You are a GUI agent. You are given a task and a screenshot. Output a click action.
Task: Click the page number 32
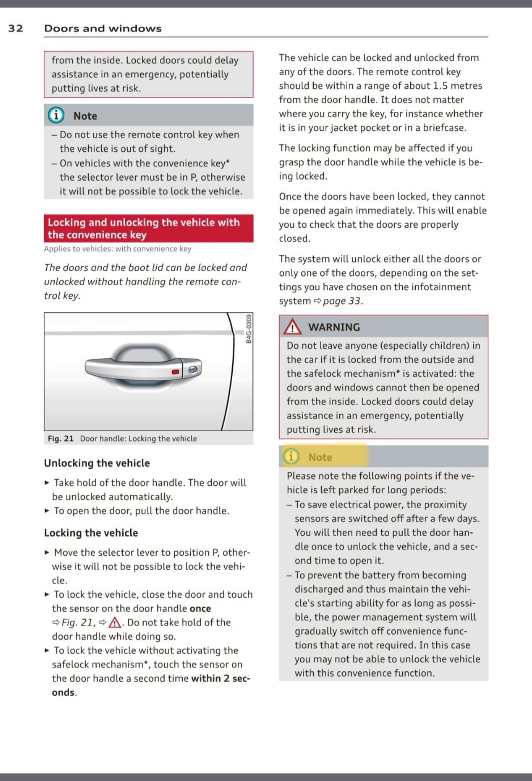(x=16, y=29)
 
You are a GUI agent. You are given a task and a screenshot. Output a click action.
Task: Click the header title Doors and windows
(x=103, y=29)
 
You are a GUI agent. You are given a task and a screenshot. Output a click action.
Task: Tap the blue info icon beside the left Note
(x=56, y=115)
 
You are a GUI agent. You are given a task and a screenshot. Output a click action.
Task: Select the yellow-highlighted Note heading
(x=320, y=457)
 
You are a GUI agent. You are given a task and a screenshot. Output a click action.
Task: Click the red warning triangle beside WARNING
(x=292, y=327)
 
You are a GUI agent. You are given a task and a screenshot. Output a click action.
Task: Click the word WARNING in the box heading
(x=334, y=327)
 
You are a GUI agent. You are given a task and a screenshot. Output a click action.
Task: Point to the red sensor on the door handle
(x=176, y=372)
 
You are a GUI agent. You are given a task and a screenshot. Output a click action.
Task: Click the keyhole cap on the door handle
(x=192, y=369)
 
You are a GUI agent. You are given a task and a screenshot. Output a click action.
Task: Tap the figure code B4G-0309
(x=249, y=329)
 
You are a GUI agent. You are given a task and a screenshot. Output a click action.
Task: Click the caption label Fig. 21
(x=60, y=438)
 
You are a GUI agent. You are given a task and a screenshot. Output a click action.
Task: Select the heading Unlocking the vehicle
(x=97, y=463)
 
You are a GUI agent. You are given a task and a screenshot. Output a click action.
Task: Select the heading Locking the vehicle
(x=91, y=532)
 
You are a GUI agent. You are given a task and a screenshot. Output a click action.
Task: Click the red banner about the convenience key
(x=148, y=228)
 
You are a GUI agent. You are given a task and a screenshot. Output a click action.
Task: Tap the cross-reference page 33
(x=342, y=301)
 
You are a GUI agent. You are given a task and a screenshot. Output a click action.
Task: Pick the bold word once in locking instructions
(x=200, y=608)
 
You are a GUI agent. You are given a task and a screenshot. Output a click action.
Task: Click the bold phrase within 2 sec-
(x=220, y=678)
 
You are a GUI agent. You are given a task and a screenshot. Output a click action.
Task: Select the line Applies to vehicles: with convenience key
(x=118, y=249)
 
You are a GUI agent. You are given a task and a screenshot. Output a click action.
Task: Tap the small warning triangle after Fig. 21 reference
(x=115, y=622)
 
